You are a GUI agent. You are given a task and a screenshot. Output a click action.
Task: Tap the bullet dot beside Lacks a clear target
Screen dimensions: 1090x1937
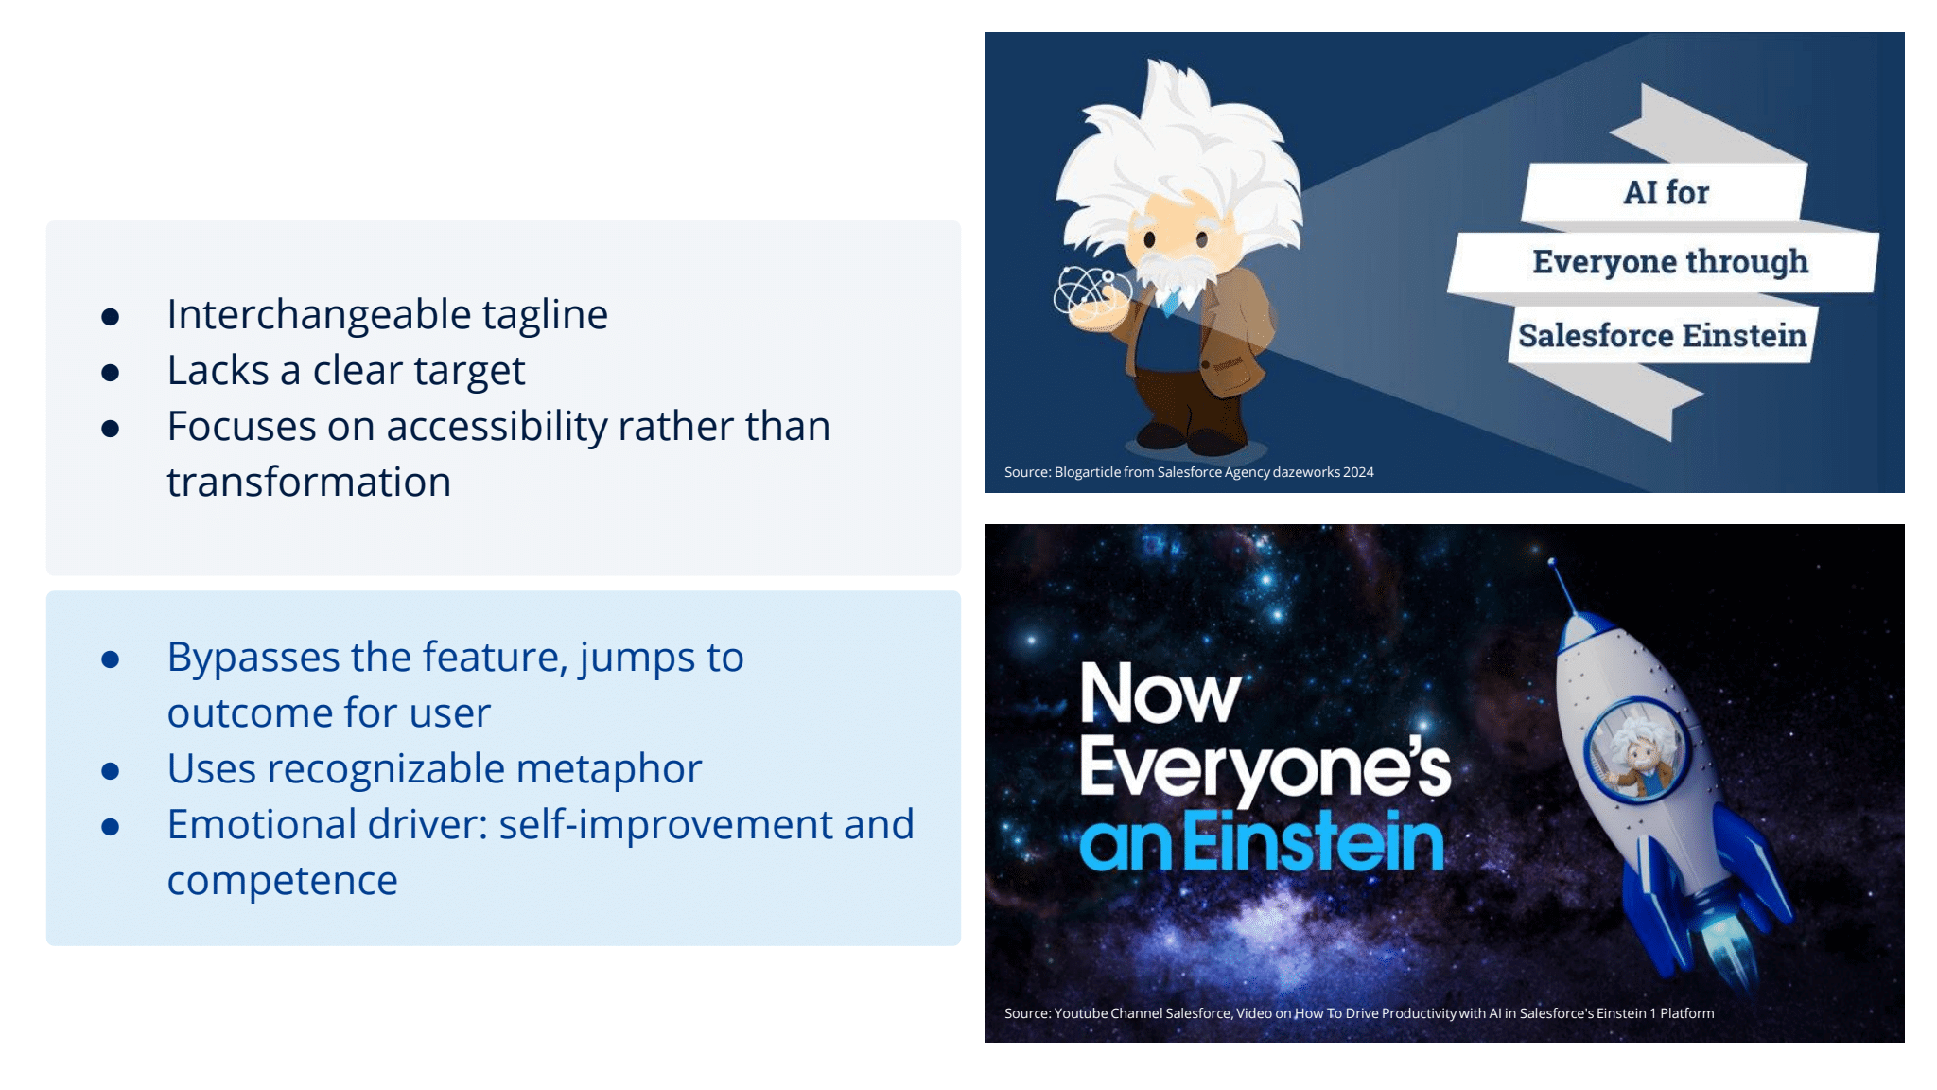click(111, 373)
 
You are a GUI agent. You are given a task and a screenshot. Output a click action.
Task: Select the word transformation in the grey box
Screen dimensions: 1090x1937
click(308, 483)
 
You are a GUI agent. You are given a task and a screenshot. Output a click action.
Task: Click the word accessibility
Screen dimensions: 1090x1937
click(497, 427)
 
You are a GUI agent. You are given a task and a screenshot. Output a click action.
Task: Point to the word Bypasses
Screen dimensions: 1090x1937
click(252, 657)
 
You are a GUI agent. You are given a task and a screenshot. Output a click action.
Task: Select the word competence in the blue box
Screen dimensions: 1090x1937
click(282, 881)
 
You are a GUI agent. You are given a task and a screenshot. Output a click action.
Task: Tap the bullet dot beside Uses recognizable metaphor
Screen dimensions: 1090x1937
click(111, 771)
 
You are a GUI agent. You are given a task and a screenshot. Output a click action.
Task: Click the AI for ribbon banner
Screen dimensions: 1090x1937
click(1665, 193)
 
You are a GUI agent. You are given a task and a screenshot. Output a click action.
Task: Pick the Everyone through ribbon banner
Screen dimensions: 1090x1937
click(1669, 262)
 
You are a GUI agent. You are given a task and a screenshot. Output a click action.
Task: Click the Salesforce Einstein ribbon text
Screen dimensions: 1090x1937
click(1662, 336)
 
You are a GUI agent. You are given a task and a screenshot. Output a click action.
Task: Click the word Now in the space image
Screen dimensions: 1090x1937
click(1160, 694)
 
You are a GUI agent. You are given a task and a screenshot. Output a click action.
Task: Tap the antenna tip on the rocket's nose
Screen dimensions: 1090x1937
click(1551, 563)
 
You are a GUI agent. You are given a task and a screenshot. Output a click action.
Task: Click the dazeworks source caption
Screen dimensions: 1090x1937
click(1189, 472)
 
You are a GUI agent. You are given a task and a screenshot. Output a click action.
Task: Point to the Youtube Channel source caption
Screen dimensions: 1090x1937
click(1358, 1013)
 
